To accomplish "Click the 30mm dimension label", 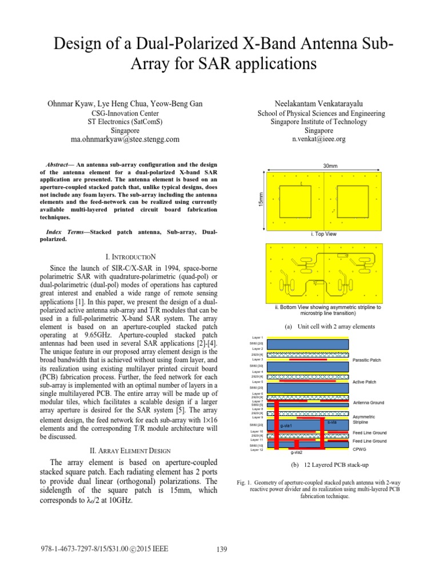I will point(330,166).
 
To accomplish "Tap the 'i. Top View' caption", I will point(324,234).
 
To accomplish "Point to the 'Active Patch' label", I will point(365,382).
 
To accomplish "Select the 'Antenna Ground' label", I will point(369,403).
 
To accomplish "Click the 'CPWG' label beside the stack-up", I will point(360,449).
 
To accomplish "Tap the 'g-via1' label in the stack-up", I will point(286,426).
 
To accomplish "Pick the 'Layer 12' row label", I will point(257,450).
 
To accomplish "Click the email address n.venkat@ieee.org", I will point(319,139).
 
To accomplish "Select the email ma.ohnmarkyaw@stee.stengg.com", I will point(125,139).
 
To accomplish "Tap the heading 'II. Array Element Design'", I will point(125,451).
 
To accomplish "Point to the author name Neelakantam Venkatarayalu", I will point(319,103).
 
